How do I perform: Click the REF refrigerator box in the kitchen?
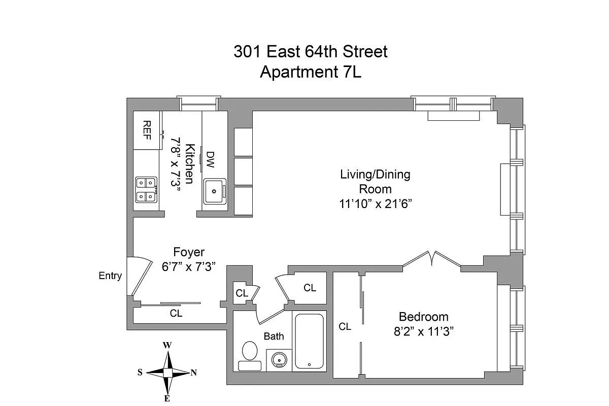[147, 130]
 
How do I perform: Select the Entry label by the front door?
[110, 276]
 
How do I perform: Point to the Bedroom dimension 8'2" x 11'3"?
[424, 331]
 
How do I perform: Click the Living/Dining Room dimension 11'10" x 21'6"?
[375, 204]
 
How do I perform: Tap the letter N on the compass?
[193, 373]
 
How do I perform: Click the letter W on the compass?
[167, 345]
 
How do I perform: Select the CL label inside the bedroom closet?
[345, 327]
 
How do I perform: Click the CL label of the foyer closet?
[176, 314]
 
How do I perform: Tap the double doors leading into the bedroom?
[432, 259]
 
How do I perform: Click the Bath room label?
[274, 336]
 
